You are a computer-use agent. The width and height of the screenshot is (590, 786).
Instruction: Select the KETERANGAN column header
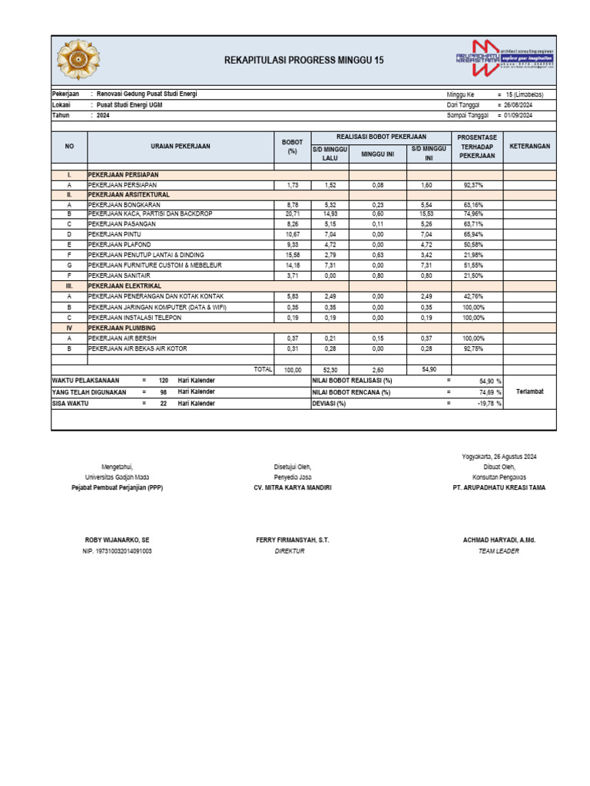(529, 146)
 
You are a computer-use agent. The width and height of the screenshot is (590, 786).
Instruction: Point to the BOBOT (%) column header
(292, 147)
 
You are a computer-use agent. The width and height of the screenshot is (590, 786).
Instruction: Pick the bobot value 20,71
(292, 214)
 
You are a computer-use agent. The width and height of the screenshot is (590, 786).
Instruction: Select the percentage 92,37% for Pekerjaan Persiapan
(472, 185)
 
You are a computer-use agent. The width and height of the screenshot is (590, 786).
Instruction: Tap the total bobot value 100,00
(292, 370)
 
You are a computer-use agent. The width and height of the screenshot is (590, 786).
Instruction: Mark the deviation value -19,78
(489, 403)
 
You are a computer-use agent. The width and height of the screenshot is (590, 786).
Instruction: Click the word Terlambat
(529, 391)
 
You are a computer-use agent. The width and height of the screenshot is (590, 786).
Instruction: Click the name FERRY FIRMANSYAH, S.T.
(292, 540)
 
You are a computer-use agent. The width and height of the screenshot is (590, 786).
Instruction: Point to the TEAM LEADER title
(499, 551)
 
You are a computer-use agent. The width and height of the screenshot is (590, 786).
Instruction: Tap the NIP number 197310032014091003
(118, 551)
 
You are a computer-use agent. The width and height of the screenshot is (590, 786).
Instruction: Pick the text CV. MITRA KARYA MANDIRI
(292, 487)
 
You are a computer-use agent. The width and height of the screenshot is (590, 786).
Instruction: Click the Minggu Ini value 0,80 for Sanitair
(378, 275)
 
